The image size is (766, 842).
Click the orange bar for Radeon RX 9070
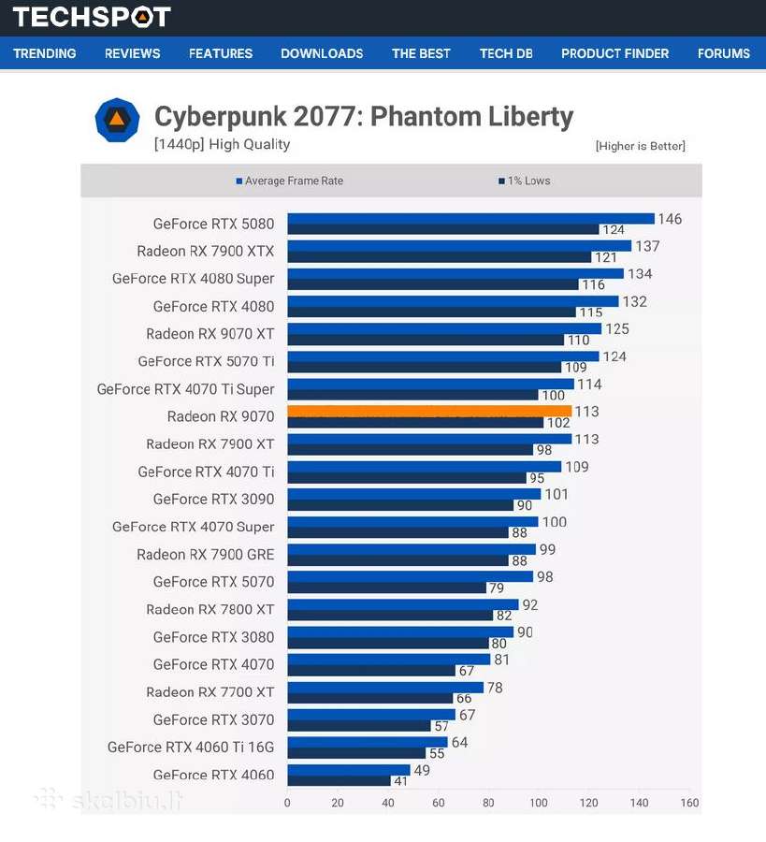tap(429, 412)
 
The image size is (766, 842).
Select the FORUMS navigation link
tap(723, 53)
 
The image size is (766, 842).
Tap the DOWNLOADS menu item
tap(322, 53)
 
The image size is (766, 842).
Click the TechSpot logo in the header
tap(92, 17)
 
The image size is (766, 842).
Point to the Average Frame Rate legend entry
tap(289, 181)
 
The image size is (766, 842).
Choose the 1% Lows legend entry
tap(525, 181)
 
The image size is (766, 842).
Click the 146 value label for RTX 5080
tap(670, 219)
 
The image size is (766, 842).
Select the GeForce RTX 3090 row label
tap(213, 500)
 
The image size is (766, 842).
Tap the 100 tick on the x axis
tap(539, 803)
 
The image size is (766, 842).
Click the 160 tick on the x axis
tap(689, 803)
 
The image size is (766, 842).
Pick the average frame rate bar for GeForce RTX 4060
tap(349, 770)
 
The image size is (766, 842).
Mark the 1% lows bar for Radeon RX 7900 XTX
tap(439, 257)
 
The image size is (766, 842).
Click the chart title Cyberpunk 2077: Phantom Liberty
tap(364, 117)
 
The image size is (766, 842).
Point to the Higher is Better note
tap(641, 146)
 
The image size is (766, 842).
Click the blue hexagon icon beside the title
tap(117, 120)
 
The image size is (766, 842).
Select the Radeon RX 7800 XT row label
tap(210, 609)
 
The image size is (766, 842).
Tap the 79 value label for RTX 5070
tap(496, 588)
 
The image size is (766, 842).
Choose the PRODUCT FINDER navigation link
tap(615, 53)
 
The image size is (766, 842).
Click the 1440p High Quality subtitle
tap(223, 144)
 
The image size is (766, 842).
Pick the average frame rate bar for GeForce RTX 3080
tap(400, 632)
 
